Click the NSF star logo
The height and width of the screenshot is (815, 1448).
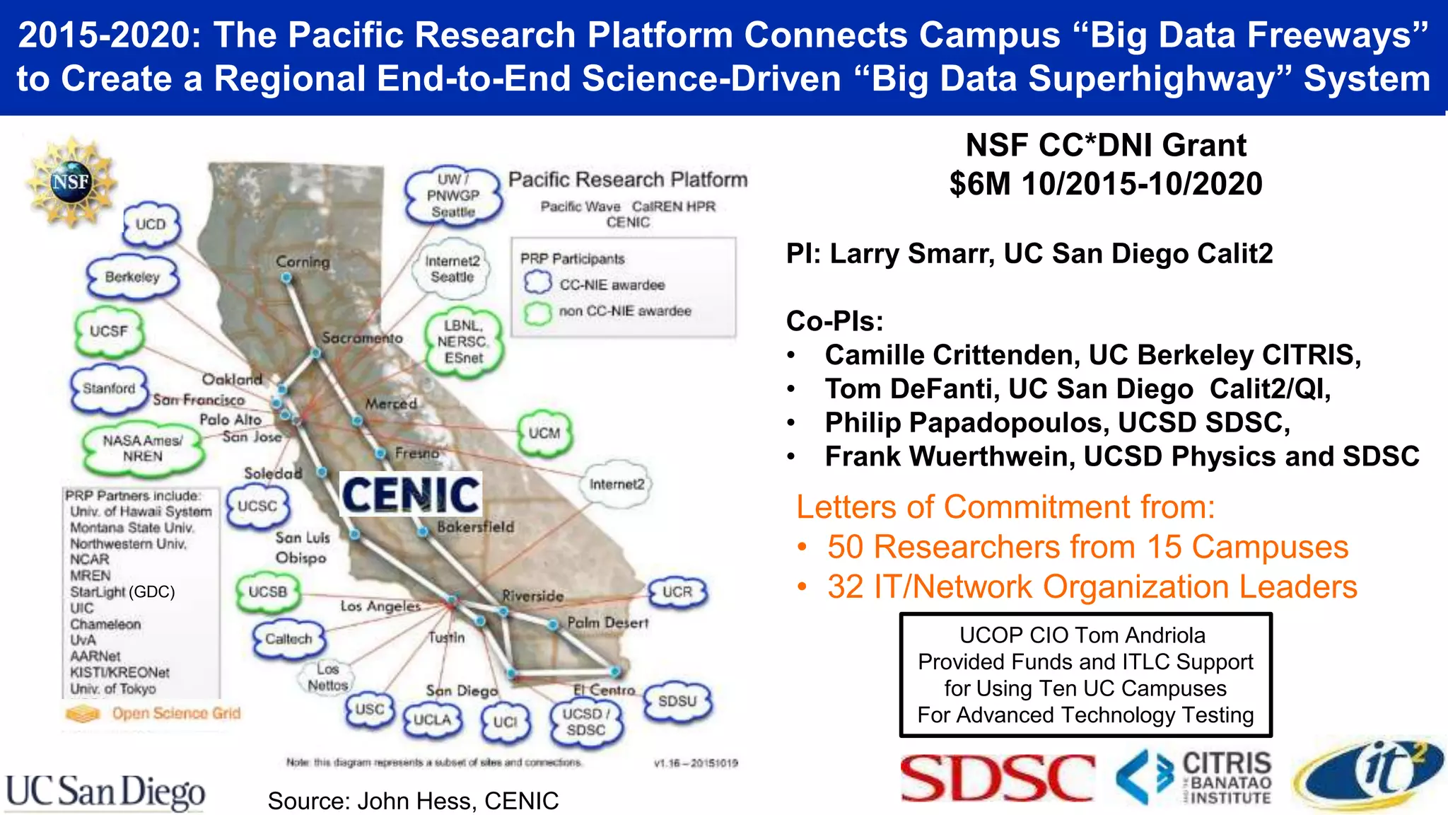click(x=71, y=183)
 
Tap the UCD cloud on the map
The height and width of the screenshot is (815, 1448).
click(x=150, y=224)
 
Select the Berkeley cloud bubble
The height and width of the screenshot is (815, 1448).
click(x=132, y=277)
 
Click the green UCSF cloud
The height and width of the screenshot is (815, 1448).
click(x=108, y=331)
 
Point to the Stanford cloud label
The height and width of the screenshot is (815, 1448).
click(x=108, y=388)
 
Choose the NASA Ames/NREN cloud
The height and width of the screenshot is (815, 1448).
click(x=142, y=449)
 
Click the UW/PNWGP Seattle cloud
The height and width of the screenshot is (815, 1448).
click(x=452, y=195)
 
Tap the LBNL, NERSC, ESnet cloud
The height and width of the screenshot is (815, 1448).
click(x=463, y=342)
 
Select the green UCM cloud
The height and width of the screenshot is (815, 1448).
click(x=544, y=433)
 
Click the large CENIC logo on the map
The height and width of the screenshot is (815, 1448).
click(x=411, y=495)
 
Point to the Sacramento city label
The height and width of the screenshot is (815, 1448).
click(x=362, y=338)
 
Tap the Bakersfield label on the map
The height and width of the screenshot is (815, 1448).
click(x=475, y=527)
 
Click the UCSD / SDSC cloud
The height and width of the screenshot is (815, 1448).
click(x=585, y=722)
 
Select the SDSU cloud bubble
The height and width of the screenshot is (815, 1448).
click(x=677, y=701)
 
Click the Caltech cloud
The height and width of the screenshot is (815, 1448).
click(x=288, y=639)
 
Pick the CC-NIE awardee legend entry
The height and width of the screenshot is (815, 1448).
click(x=612, y=284)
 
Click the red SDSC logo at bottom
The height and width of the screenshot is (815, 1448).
click(x=997, y=778)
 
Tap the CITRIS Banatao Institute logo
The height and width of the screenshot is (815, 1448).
click(x=1195, y=778)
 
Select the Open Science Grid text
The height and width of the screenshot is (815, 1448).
click(x=176, y=713)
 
